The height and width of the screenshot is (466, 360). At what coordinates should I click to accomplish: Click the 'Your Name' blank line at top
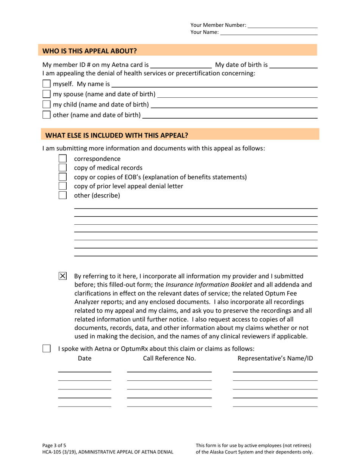[269, 33]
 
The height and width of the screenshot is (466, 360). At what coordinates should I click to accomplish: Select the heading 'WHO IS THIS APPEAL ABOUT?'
[89, 51]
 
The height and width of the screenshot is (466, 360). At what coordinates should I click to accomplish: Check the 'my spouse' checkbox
[46, 94]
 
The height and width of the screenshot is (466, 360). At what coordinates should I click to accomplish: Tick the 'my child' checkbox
[46, 104]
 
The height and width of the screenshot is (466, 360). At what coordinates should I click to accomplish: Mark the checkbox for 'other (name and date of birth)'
[46, 114]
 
